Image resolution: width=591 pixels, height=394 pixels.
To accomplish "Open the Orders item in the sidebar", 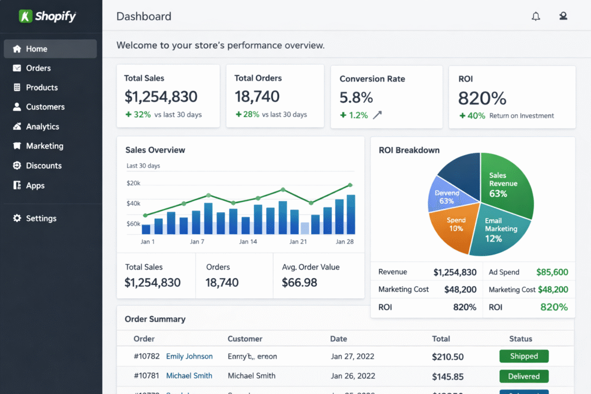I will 38,68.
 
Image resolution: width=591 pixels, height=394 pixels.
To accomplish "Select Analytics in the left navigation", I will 42,126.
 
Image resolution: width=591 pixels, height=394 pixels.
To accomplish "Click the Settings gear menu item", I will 40,219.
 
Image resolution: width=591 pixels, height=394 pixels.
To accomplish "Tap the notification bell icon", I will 536,16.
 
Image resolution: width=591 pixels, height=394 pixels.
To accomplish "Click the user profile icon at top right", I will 563,16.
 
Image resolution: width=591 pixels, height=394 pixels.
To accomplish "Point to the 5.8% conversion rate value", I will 356,97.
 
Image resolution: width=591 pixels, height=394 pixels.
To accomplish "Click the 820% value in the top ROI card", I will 482,97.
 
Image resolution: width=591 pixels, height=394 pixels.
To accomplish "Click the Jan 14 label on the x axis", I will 248,242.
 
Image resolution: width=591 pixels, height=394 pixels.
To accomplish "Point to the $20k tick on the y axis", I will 133,183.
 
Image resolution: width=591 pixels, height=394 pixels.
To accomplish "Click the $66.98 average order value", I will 300,282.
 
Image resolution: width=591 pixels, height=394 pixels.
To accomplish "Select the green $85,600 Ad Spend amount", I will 552,272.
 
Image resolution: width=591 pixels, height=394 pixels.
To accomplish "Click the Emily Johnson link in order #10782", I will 189,357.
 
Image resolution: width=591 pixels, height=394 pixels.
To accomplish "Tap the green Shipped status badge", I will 523,357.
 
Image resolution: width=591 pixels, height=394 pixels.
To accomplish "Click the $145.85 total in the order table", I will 448,376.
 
